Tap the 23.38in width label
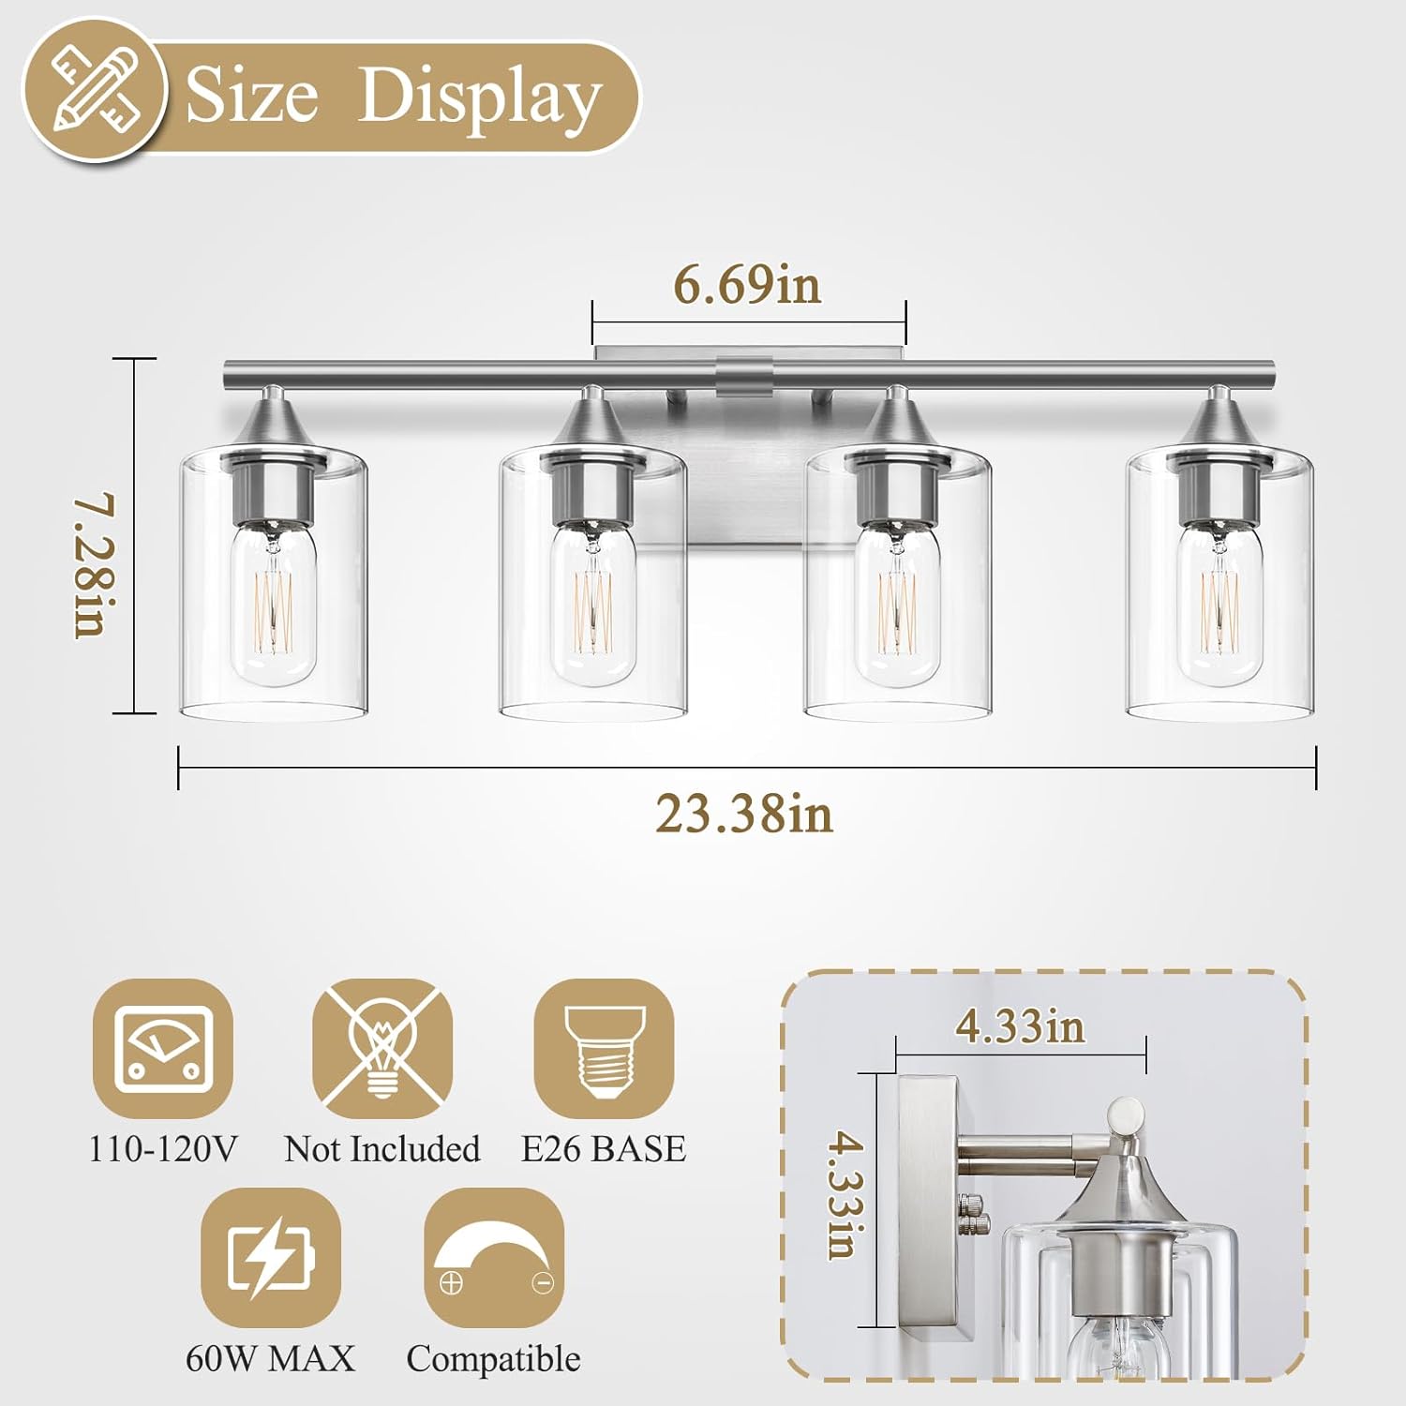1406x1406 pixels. tap(743, 814)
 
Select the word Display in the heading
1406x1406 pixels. tap(479, 97)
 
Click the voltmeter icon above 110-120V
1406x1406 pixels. tap(163, 1048)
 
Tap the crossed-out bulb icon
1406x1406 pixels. tap(382, 1048)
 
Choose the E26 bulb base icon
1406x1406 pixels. tap(604, 1048)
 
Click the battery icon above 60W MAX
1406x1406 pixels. tap(271, 1257)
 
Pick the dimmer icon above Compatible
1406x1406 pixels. tap(494, 1257)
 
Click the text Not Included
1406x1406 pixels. tap(382, 1149)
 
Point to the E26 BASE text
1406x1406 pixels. tap(604, 1149)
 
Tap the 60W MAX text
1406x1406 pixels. tap(271, 1358)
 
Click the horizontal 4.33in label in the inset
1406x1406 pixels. tap(1020, 1026)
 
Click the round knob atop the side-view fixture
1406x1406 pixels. tap(1125, 1116)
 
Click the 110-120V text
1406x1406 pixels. tap(163, 1149)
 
